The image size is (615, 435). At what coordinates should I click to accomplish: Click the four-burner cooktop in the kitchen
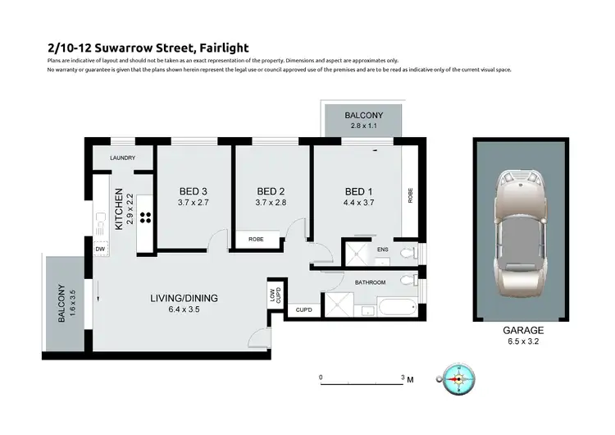[x=146, y=218]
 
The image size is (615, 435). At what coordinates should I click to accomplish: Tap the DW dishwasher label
[x=100, y=249]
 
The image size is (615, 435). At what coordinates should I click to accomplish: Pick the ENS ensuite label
[x=383, y=250]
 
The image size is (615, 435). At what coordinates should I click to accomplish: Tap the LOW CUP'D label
[x=273, y=295]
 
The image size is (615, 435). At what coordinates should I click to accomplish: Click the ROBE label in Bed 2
[x=256, y=240]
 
